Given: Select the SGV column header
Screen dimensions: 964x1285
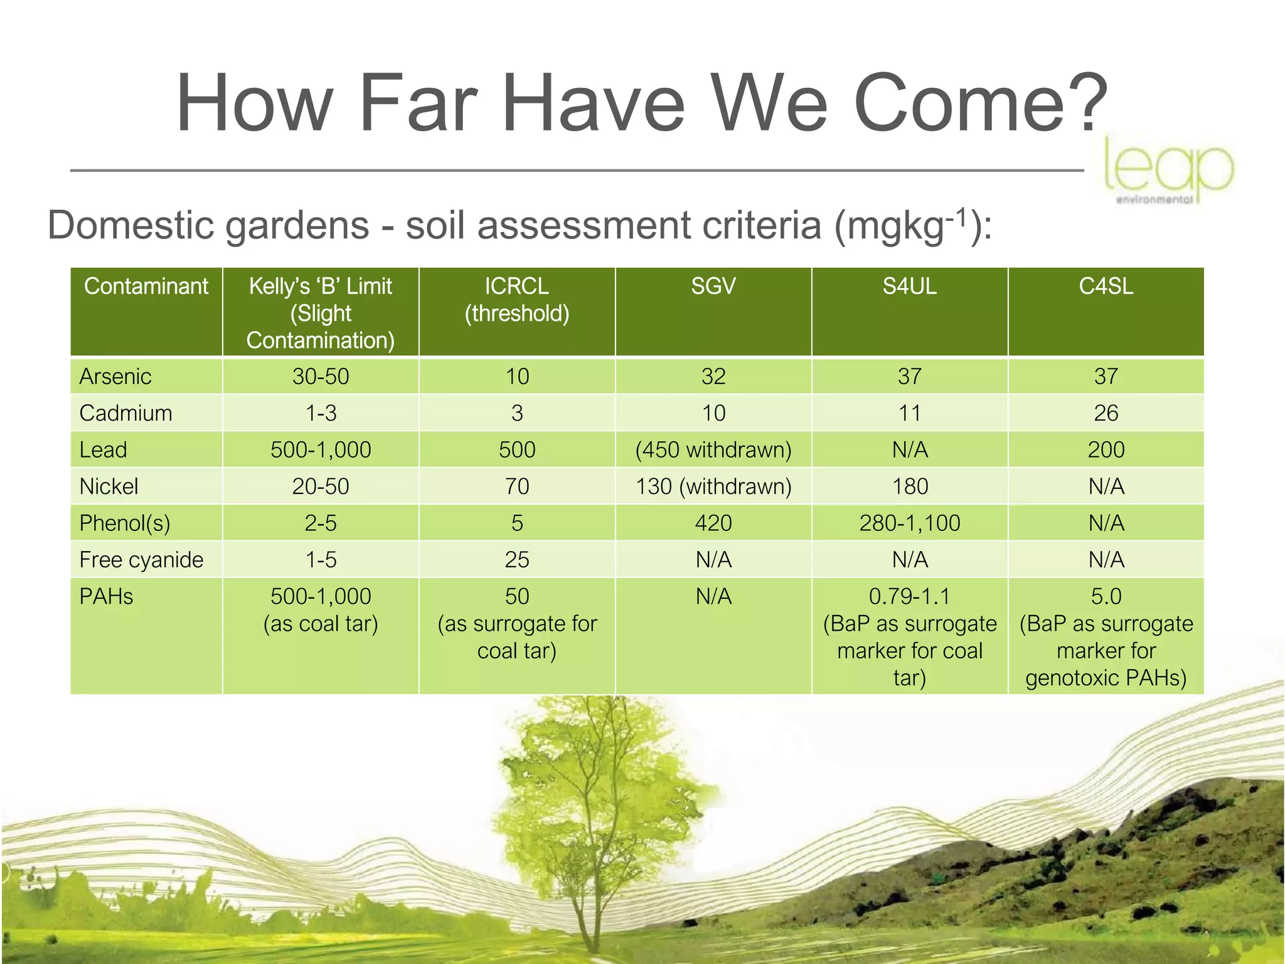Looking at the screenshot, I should coord(713,287).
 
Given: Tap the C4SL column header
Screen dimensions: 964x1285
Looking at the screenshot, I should coord(1106,287).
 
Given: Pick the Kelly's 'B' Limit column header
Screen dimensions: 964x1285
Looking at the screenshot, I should coord(320,313).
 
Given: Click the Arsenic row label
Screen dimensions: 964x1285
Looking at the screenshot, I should coord(115,377).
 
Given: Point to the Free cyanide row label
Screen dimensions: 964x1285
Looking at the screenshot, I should coord(141,560).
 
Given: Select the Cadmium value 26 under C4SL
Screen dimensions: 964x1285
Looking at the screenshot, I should coord(1106,413).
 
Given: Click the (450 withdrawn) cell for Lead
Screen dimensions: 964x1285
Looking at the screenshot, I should coord(713,450).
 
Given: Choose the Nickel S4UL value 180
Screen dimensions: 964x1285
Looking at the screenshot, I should coord(910,486).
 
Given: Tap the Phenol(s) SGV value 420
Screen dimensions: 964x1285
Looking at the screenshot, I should coord(713,523).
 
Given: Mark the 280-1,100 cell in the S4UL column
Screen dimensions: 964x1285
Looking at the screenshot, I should coord(910,523).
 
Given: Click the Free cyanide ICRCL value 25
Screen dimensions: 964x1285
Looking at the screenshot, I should coord(517,560).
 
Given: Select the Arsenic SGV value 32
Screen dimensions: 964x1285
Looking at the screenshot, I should coord(713,377).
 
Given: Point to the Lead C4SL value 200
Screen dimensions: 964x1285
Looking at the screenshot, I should coord(1106,450).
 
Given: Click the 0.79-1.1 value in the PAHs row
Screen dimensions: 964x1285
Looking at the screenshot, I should coord(910,596).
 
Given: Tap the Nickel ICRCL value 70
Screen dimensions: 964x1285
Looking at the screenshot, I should coord(517,486).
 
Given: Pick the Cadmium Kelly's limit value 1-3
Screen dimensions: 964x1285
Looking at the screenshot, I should coord(321,413).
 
